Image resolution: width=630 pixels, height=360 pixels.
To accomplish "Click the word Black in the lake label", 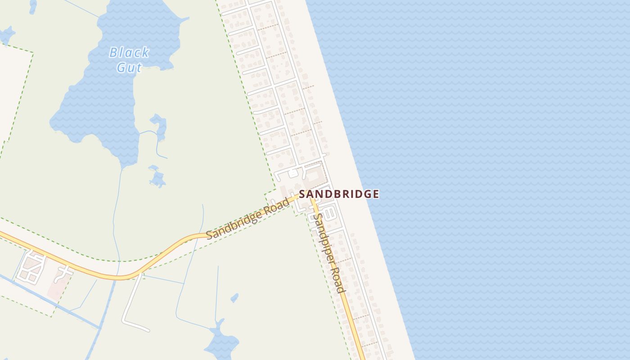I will (129, 53).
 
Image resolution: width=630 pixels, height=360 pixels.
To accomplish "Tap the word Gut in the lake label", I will (129, 67).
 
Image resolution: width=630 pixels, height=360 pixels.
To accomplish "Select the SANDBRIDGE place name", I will (339, 194).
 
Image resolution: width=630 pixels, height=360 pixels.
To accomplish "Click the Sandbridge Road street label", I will (247, 219).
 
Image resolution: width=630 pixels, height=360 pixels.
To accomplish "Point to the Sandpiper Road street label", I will (328, 252).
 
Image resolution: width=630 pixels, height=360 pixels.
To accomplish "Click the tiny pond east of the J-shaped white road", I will (234, 298).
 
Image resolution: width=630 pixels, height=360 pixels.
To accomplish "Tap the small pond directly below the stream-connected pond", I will (157, 177).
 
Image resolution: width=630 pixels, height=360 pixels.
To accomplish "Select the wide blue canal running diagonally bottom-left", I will (49, 299).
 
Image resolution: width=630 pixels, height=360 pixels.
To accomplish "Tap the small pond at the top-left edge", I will (7, 35).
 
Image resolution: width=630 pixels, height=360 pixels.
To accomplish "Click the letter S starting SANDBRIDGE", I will (302, 194).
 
